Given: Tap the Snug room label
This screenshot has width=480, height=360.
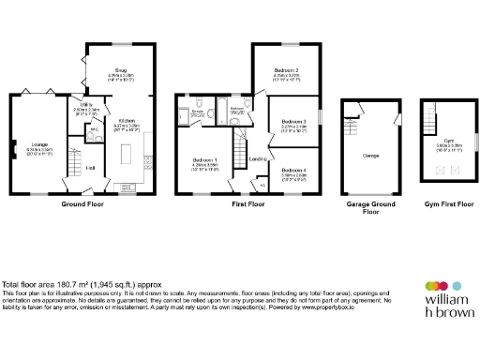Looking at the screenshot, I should coord(121,68).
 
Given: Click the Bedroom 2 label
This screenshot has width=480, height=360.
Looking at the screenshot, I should coord(286,70).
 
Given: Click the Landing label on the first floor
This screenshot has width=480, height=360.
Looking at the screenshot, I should coord(256,159).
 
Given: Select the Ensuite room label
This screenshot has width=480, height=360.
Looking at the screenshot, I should coord(199,112).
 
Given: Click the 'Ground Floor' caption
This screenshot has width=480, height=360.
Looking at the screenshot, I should coord(82,202).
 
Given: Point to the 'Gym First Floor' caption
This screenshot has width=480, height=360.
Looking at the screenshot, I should coord(447,202).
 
